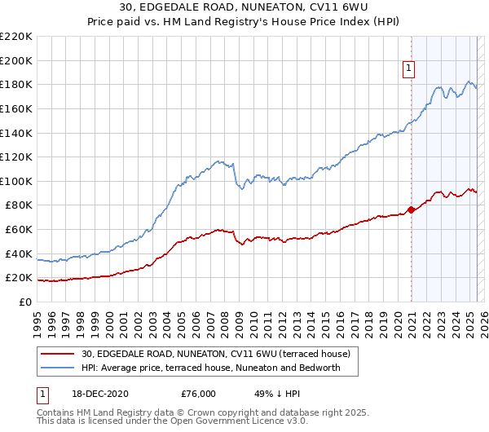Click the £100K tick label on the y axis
coord(16,181)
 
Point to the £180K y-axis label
coord(16,84)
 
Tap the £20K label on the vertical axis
coord(19,278)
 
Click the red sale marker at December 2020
coord(411,210)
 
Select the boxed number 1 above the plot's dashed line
coord(407,69)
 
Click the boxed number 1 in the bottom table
coord(42,393)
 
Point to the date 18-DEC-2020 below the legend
coord(100,393)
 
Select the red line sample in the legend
coord(57,354)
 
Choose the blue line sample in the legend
coord(57,368)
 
